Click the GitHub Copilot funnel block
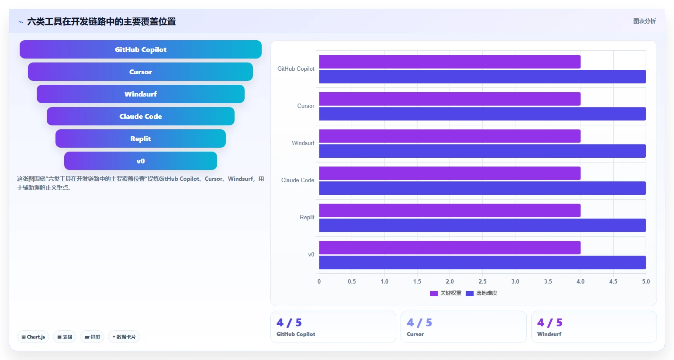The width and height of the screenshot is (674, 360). [141, 49]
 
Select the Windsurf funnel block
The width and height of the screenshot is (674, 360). [141, 94]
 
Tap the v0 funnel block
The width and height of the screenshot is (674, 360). [141, 161]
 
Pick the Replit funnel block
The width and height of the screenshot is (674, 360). [141, 138]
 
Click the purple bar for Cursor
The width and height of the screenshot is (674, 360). [450, 99]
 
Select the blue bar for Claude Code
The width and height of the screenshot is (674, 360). [482, 188]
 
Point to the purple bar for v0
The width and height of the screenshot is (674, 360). [450, 248]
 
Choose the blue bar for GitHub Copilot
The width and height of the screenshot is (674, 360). [482, 77]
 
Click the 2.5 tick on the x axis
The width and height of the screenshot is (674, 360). [482, 281]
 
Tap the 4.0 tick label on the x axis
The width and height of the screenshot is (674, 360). [581, 281]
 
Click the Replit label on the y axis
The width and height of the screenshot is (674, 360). [307, 217]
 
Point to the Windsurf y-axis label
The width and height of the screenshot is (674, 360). [303, 143]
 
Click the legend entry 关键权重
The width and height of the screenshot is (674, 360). [446, 293]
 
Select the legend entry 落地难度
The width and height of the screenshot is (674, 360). [481, 293]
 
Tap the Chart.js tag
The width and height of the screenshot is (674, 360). [33, 337]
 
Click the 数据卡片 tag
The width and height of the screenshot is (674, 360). [124, 337]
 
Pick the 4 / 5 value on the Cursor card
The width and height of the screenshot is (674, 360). [419, 323]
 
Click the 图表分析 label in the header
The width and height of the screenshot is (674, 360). [644, 21]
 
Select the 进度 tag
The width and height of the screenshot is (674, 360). [92, 337]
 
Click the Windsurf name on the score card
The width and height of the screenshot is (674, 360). [549, 334]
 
